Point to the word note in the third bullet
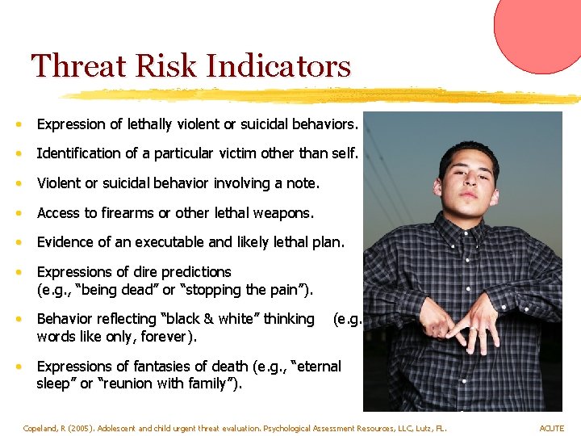coord(303,183)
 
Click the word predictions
coord(191,272)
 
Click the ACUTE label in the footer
coord(552,428)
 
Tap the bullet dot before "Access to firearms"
coord(18,213)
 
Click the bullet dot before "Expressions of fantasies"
coord(18,367)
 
